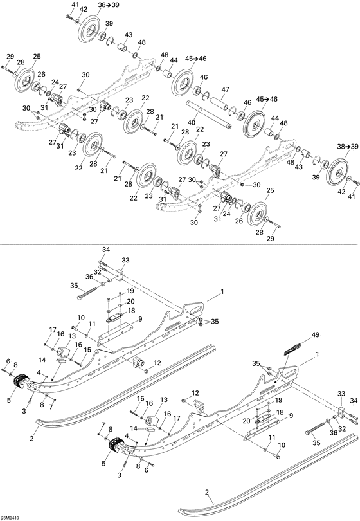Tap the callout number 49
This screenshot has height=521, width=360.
coord(315,335)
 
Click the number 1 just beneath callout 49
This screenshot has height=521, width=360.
coord(316,354)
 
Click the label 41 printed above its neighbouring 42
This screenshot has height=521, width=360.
coord(75,5)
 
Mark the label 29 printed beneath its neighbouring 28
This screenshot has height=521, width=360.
coord(269,239)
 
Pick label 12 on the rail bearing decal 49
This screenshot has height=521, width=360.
coord(196,392)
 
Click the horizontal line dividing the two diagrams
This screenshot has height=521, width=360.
coord(180,244)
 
